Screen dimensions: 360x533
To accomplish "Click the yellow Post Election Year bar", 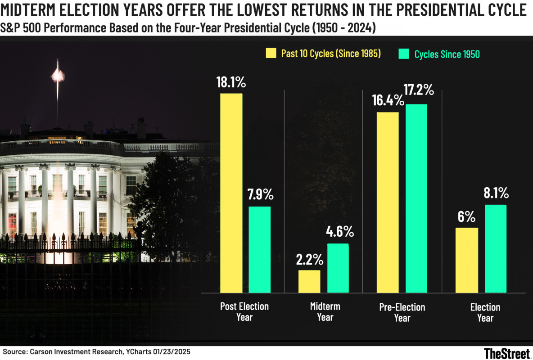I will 231,193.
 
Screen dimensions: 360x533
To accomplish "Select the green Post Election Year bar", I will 259,250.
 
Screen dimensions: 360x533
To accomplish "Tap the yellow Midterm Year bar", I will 309,282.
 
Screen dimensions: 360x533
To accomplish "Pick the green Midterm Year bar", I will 338,268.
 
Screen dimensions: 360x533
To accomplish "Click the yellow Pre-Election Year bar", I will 388,202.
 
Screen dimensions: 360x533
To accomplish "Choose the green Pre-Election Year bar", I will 416,198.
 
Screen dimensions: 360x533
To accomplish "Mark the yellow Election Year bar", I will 467,260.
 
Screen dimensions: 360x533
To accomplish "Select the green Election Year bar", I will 495,249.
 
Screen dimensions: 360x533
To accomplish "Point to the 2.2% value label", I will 310,260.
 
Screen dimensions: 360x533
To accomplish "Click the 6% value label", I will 467,217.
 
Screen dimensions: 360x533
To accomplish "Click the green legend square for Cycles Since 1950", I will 404,54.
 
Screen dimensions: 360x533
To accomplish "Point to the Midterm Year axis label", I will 325,312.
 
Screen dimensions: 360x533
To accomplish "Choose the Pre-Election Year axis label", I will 402,312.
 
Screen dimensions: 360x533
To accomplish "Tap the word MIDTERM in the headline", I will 30,9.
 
